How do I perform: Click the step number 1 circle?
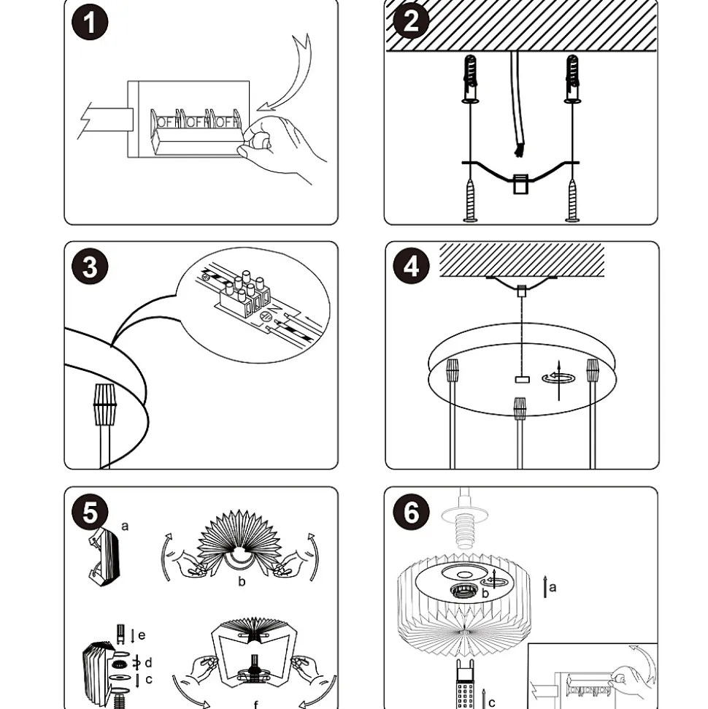[90, 23]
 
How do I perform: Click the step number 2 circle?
[411, 21]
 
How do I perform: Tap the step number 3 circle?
[90, 267]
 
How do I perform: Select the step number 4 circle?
[411, 267]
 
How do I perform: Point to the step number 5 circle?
[90, 513]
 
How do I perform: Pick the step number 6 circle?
[411, 513]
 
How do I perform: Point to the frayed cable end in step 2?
[520, 150]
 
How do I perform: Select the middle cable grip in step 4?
[520, 408]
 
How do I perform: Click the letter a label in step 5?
[125, 526]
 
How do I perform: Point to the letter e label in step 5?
[142, 635]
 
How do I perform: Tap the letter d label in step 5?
[148, 662]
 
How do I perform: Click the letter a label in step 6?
[553, 586]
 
